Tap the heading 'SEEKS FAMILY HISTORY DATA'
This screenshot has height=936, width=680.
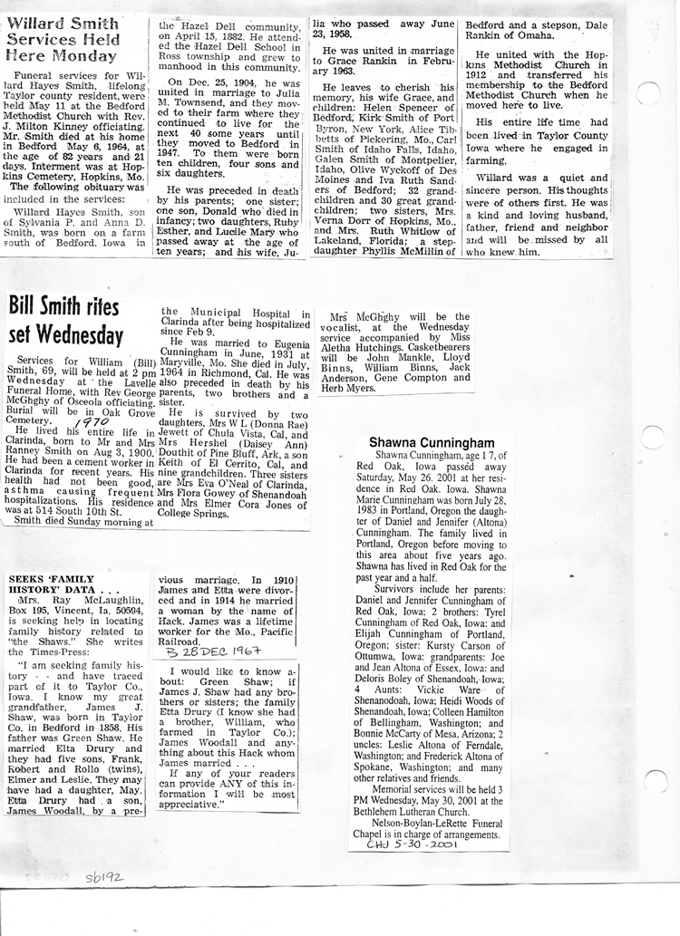point(54,582)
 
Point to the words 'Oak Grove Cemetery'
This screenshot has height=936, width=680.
point(102,410)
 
